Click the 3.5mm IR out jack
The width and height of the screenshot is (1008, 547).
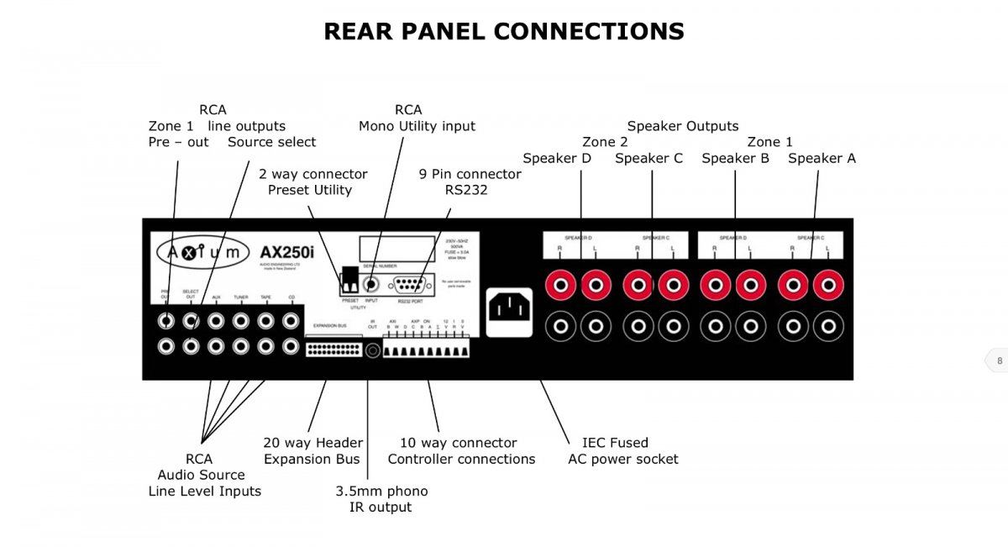pos(372,350)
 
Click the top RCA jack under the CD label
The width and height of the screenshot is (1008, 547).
pos(291,320)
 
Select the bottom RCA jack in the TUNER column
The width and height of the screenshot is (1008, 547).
pos(241,345)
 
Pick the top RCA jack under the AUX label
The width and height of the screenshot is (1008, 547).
pos(216,320)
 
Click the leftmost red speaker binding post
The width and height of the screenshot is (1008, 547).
pos(560,286)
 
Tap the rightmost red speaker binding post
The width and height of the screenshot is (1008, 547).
pos(828,286)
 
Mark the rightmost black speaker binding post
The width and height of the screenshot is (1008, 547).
pos(828,325)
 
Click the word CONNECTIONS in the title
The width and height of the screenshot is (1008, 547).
pos(589,32)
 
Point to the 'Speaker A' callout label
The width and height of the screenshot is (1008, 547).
pos(822,158)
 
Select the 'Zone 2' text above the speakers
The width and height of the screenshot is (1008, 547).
pos(605,142)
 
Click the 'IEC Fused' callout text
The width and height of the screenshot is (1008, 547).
pos(615,443)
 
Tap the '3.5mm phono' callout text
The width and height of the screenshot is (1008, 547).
pos(381,491)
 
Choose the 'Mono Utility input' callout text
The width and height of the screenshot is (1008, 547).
pos(417,126)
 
